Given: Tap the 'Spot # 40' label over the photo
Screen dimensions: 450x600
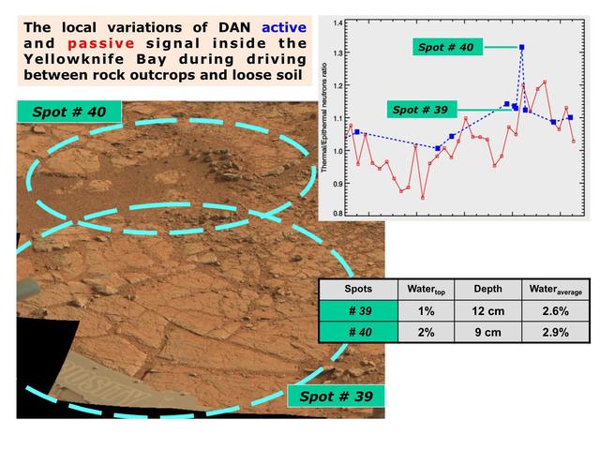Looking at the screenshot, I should point(69,111).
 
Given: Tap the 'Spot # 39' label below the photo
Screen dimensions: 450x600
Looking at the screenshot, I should point(336,397).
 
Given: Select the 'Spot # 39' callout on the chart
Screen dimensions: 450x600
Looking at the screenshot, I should point(419,110).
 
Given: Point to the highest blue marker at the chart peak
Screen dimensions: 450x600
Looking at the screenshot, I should point(521,47).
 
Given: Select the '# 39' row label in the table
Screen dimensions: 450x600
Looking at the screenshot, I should point(358,310).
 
